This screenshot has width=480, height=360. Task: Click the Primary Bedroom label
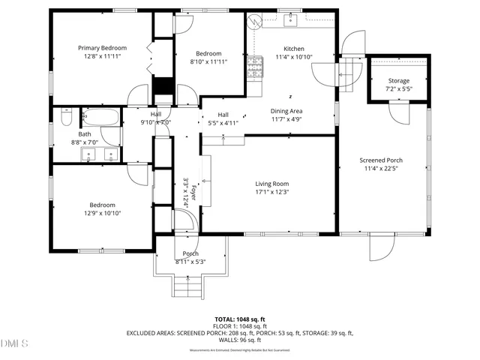pyautogui.click(x=103, y=47)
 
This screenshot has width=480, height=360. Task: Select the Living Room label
pyautogui.click(x=271, y=184)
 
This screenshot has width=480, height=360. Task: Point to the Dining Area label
pyautogui.click(x=286, y=110)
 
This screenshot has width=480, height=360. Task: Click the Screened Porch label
pyautogui.click(x=381, y=160)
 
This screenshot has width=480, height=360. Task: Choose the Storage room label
pyautogui.click(x=398, y=80)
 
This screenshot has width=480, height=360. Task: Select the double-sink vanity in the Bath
pyautogui.click(x=100, y=154)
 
